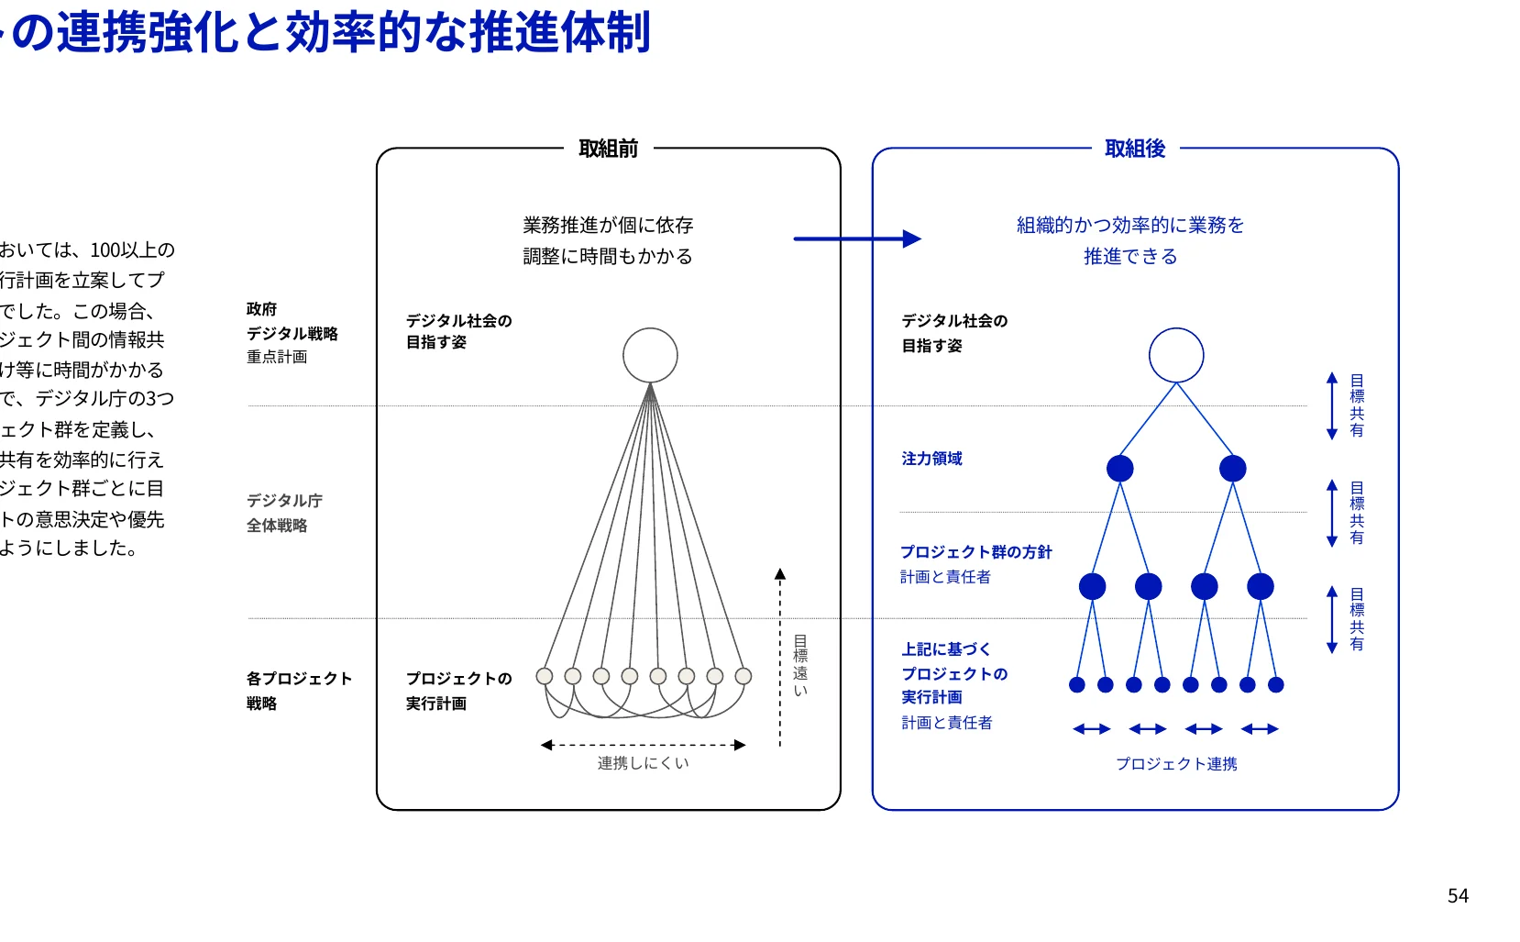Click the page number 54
pyautogui.click(x=1458, y=896)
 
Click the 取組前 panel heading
pyautogui.click(x=608, y=149)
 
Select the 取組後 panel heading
pyautogui.click(x=1135, y=149)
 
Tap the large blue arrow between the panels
pyautogui.click(x=856, y=239)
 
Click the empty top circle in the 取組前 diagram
pyautogui.click(x=650, y=355)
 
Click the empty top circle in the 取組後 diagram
pyautogui.click(x=1176, y=355)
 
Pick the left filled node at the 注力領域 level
pyautogui.click(x=1119, y=469)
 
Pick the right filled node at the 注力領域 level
pyautogui.click(x=1232, y=469)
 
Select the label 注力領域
pyautogui.click(x=931, y=459)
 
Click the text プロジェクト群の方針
pyautogui.click(x=975, y=552)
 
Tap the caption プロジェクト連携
pyautogui.click(x=1176, y=764)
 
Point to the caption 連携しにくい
pyautogui.click(x=643, y=763)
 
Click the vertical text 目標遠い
pyautogui.click(x=800, y=666)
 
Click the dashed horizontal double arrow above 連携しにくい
pyautogui.click(x=643, y=745)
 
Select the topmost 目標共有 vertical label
pyautogui.click(x=1357, y=405)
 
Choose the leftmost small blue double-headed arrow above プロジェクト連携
pyautogui.click(x=1091, y=729)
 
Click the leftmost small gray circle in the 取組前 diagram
pyautogui.click(x=545, y=676)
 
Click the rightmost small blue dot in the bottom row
pyautogui.click(x=1275, y=684)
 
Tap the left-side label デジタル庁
pyautogui.click(x=284, y=501)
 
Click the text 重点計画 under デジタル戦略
pyautogui.click(x=277, y=357)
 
